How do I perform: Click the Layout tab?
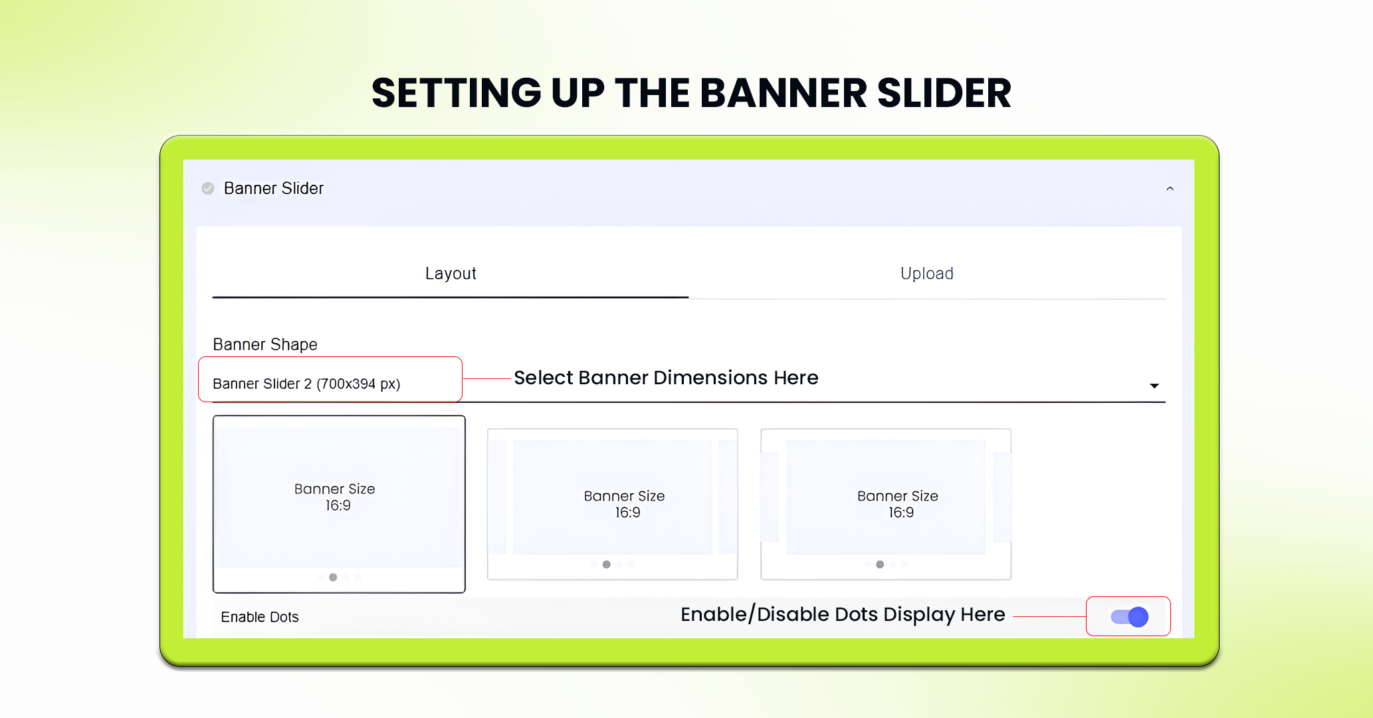coord(451,274)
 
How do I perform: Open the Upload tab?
coord(926,274)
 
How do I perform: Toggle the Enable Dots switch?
coord(1130,617)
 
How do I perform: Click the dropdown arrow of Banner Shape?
coord(1154,386)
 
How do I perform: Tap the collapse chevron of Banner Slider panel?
coord(1170,189)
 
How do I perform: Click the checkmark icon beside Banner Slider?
coord(208,189)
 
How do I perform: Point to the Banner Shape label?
coord(265,344)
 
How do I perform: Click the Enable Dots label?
coord(260,617)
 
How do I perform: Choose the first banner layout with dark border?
coord(339,503)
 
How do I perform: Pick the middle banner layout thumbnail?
coord(612,503)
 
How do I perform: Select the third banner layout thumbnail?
coord(886,503)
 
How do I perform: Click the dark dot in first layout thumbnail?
coord(333,577)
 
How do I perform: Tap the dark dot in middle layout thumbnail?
coord(606,564)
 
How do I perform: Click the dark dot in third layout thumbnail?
coord(880,564)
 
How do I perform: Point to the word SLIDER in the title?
coord(944,93)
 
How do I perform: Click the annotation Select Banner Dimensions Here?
coord(666,378)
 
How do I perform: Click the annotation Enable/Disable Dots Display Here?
coord(843,614)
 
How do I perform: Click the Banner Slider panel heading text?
coord(273,189)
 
